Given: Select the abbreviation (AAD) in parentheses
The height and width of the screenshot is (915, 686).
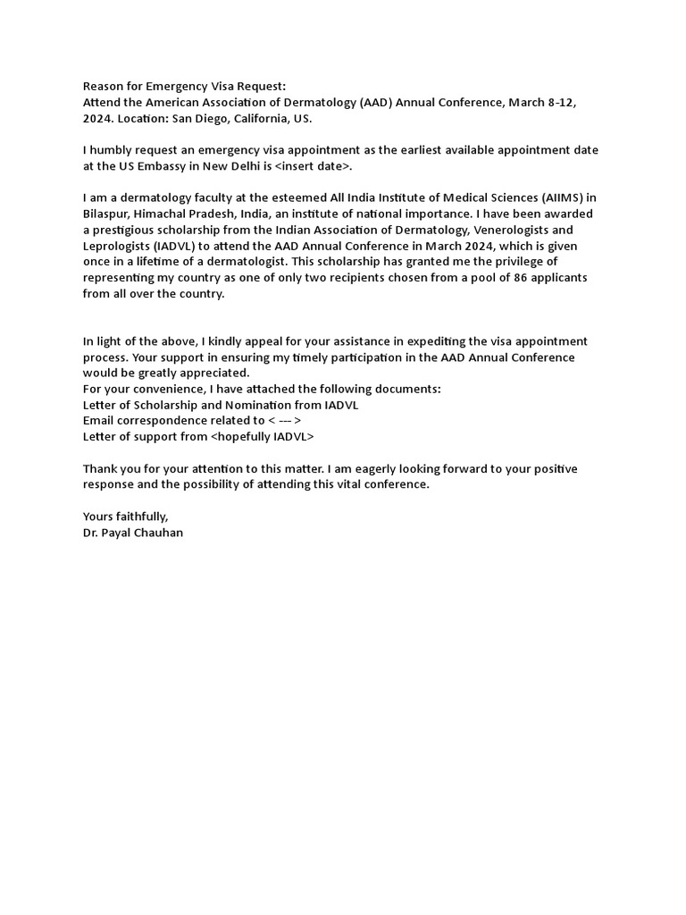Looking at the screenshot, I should pos(380,103).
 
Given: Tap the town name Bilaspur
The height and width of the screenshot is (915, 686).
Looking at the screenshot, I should pos(106,214).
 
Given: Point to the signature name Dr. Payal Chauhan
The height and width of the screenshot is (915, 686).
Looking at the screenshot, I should pos(133,533).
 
